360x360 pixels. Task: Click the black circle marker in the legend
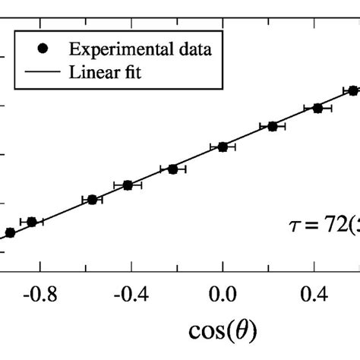pos(43,49)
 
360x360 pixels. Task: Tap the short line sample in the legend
pos(43,72)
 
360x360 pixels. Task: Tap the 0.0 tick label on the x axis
pos(223,293)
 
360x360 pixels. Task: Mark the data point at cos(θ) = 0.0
pos(223,147)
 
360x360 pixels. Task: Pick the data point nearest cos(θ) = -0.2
pos(173,169)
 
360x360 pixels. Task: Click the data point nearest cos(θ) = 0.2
pos(272,126)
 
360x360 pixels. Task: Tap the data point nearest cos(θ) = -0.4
pos(128,185)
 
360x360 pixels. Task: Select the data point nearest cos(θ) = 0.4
pos(317,109)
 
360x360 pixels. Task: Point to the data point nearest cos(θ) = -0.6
pos(92,200)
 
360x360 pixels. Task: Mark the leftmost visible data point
pos(9,232)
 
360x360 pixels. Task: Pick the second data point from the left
pos(32,222)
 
